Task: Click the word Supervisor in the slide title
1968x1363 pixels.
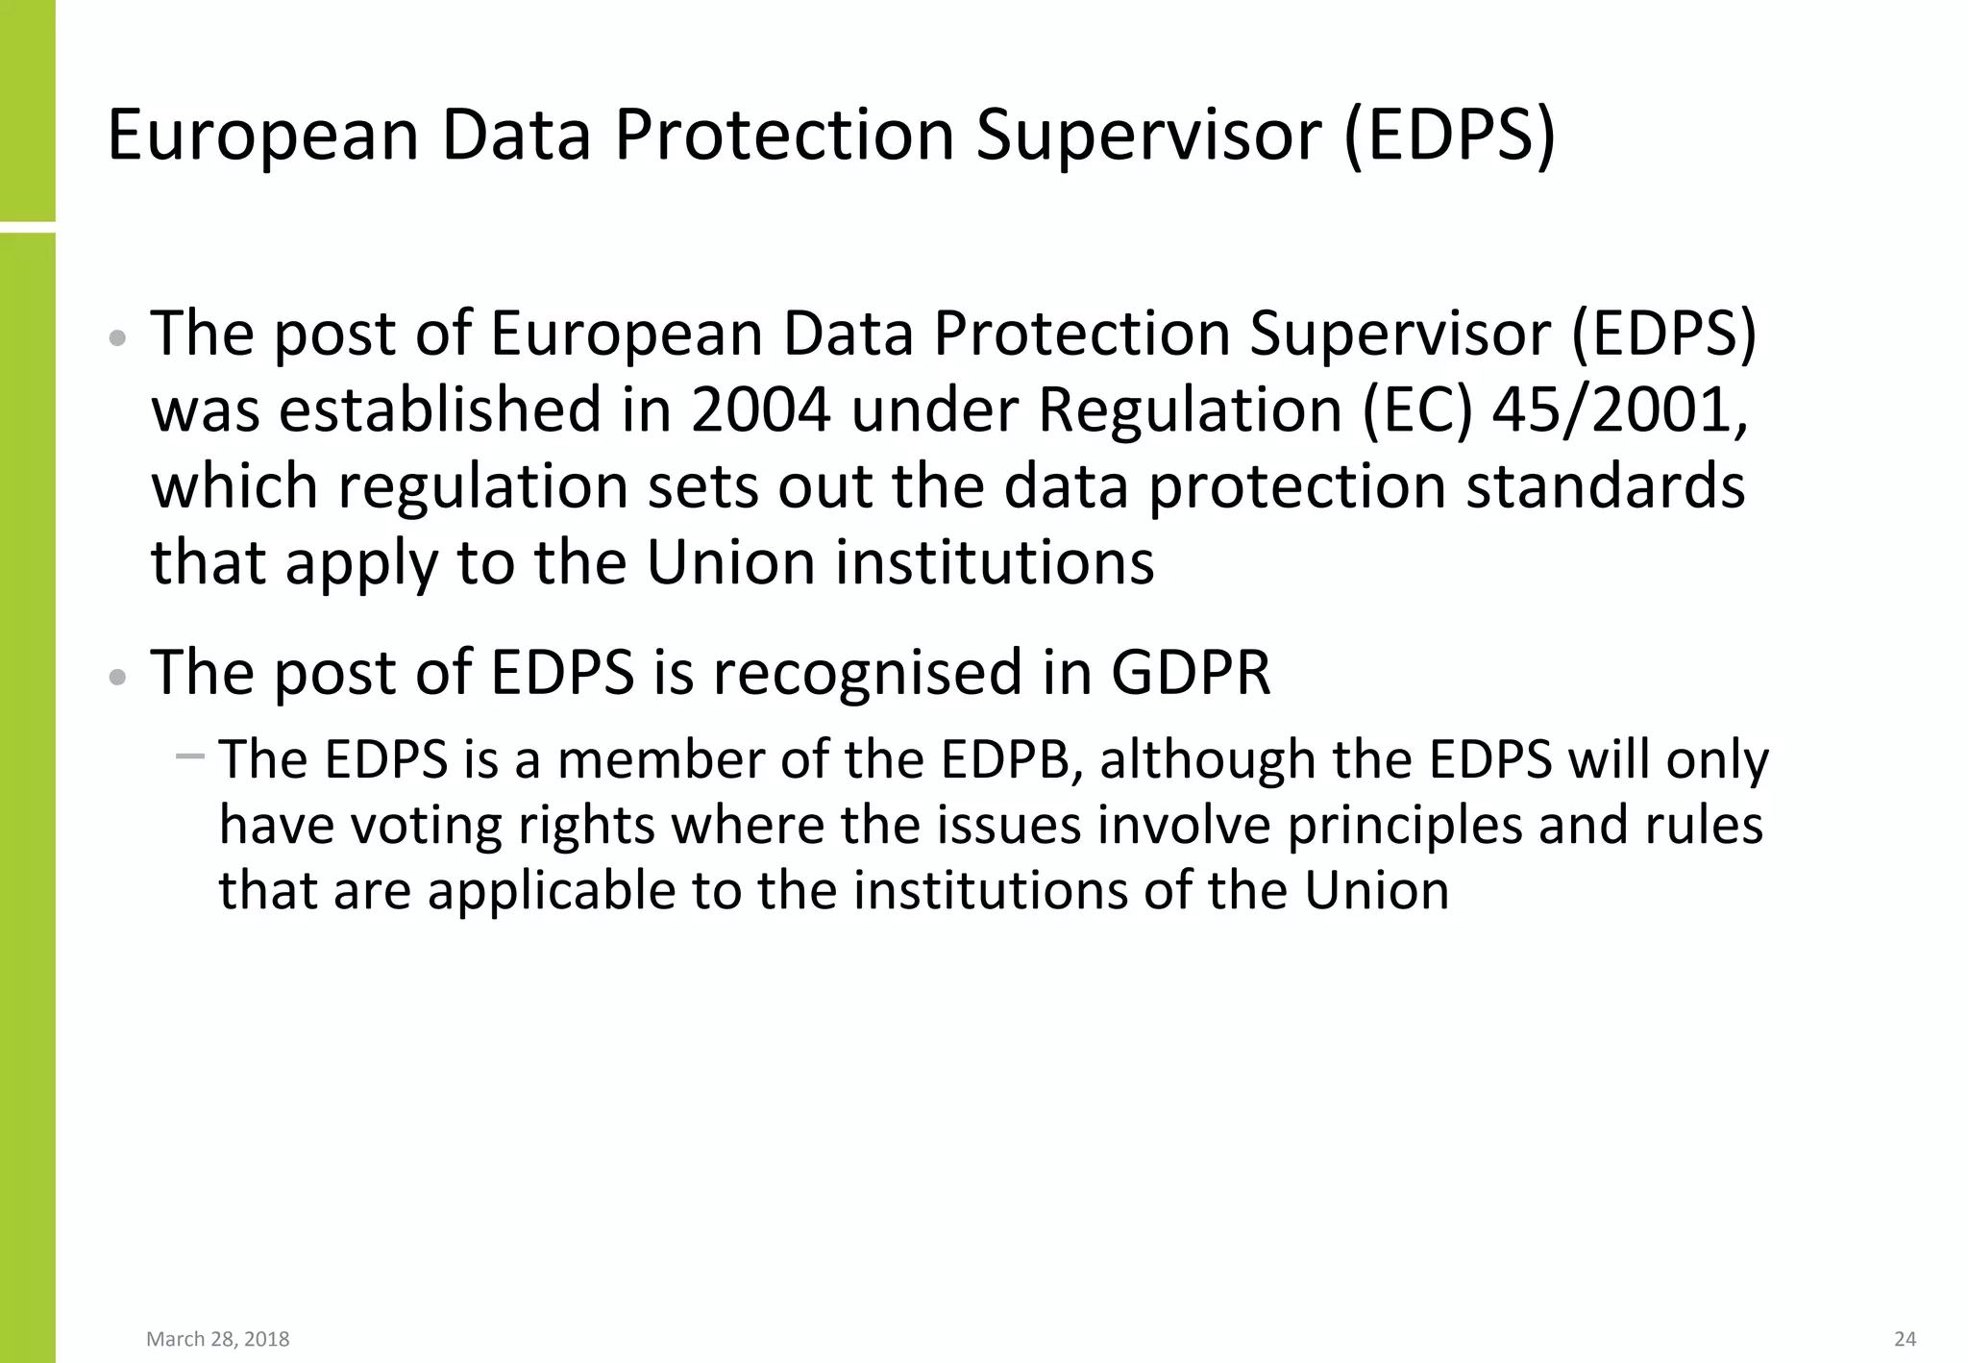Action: coord(1149,135)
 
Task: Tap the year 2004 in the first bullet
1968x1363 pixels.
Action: coord(760,410)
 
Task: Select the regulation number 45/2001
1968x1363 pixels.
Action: coord(1619,410)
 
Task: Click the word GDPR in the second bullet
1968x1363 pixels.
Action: coord(1191,672)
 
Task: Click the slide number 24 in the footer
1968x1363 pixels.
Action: coord(1905,1339)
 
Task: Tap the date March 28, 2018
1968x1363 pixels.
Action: coord(218,1339)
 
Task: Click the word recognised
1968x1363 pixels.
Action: coord(868,672)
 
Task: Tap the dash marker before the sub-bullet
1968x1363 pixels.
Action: coord(190,756)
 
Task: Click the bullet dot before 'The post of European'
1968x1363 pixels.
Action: coord(117,338)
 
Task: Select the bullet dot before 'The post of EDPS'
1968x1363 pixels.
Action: coord(117,677)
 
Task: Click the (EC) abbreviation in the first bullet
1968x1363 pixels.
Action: coord(1416,410)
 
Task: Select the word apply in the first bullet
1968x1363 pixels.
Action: coord(362,563)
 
